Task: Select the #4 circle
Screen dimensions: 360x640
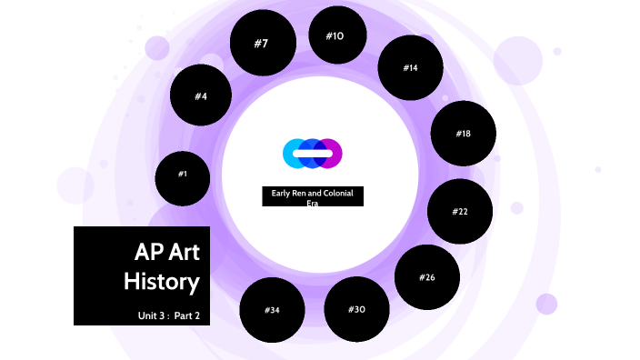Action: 201,95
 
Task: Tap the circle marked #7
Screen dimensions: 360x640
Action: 262,44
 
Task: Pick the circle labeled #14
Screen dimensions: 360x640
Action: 410,68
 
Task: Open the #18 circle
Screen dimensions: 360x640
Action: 463,134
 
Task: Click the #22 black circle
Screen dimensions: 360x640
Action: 460,212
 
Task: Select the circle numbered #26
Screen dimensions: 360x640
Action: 427,277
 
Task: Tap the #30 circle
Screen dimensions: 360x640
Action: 356,309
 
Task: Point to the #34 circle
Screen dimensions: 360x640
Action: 272,310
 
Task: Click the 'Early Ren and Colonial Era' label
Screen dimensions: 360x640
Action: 313,196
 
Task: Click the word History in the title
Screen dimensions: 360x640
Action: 162,282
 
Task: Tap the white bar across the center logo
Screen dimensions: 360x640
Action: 312,154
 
